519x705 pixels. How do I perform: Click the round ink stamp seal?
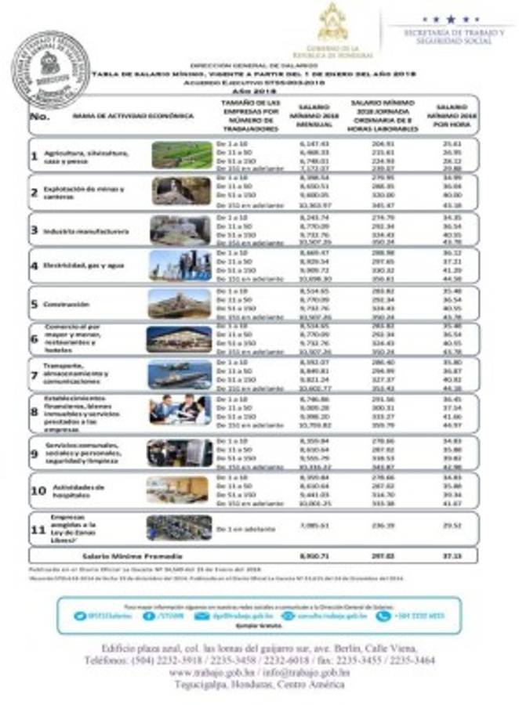(50, 69)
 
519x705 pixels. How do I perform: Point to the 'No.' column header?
(39, 116)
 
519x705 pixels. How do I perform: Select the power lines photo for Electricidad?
(180, 266)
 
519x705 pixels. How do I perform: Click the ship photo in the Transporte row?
(180, 374)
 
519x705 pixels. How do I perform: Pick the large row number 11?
(36, 529)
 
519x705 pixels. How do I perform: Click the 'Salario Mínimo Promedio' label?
(118, 555)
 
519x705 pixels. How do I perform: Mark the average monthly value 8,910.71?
(312, 555)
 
